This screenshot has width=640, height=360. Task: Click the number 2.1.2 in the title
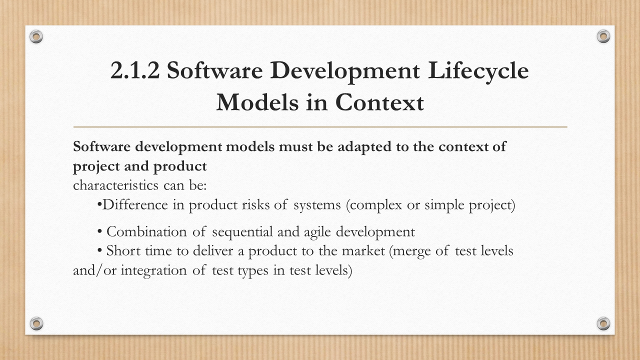pos(135,70)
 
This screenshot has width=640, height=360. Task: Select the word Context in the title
pos(379,102)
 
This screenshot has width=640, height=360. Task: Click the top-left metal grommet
pos(36,36)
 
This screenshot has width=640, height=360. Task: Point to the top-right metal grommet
pos(603,36)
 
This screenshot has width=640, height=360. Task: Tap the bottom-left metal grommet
pos(36,323)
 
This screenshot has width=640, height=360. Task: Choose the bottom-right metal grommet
pos(603,323)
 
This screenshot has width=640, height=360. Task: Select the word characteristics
pos(115,185)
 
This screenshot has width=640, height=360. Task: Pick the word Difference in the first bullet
pos(135,205)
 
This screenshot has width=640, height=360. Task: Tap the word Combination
pos(146,231)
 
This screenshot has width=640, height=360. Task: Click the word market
pos(363,251)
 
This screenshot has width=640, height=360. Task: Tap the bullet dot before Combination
pos(99,231)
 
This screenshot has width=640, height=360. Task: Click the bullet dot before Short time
pos(99,251)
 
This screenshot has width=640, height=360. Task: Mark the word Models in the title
pos(257,102)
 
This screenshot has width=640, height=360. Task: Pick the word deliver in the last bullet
pos(213,251)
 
